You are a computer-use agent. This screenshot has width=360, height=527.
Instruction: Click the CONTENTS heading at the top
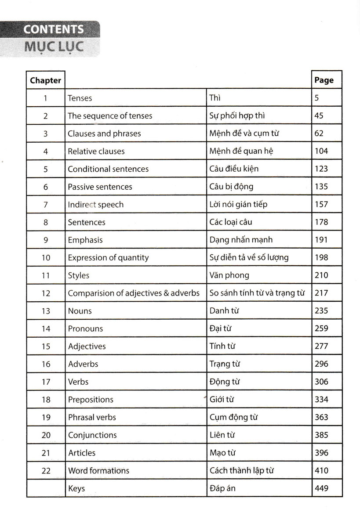tap(54, 29)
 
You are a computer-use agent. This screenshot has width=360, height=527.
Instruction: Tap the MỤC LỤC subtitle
tap(54, 46)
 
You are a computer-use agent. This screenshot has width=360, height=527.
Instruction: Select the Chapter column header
tap(45, 80)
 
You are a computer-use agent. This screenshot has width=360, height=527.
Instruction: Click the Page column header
tap(324, 80)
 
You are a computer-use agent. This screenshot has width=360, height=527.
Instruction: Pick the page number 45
tap(319, 116)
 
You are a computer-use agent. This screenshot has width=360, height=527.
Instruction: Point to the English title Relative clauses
tap(96, 152)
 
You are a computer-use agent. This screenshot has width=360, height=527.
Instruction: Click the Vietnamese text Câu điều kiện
tap(234, 169)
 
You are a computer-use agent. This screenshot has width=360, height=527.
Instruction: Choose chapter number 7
tap(46, 205)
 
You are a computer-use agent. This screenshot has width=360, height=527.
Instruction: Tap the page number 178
tap(321, 222)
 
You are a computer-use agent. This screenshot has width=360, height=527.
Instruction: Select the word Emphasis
tap(85, 240)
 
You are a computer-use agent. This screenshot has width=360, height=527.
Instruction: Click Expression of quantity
tap(108, 258)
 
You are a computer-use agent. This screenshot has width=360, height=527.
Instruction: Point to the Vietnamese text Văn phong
tap(229, 275)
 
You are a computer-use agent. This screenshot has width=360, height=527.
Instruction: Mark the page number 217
tap(321, 293)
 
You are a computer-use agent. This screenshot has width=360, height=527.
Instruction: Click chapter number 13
tap(46, 311)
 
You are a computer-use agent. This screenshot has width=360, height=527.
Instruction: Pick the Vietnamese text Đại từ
tap(221, 328)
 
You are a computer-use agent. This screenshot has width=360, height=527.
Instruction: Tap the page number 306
tap(321, 382)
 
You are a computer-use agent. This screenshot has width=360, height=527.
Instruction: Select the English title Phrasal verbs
tap(92, 417)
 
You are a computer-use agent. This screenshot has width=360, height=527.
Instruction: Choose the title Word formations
tap(98, 470)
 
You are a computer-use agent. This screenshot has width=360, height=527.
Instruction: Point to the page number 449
tap(321, 488)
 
